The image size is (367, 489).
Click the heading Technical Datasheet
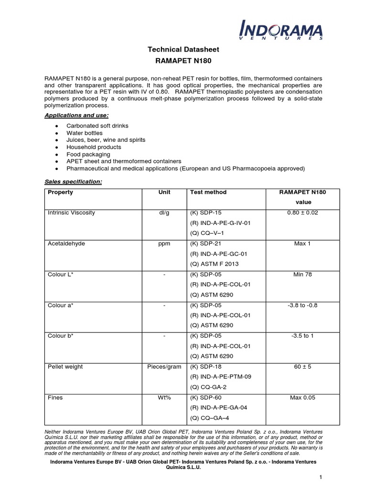tap(183, 49)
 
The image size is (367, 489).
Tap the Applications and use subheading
tap(76, 116)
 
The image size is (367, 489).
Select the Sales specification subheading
tap(73, 182)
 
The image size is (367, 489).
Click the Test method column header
tap(208, 192)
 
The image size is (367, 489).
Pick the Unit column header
tap(164, 192)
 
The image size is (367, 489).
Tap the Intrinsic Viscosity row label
tap(71, 213)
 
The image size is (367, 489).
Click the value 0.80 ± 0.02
tap(302, 213)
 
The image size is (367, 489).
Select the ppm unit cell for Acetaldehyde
tap(164, 244)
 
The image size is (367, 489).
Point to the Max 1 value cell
tap(302, 244)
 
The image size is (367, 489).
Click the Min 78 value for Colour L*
tap(302, 275)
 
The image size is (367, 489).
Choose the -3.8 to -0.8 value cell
tap(302, 305)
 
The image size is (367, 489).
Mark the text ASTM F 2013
tap(215, 264)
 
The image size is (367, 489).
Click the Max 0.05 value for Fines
tap(302, 397)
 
